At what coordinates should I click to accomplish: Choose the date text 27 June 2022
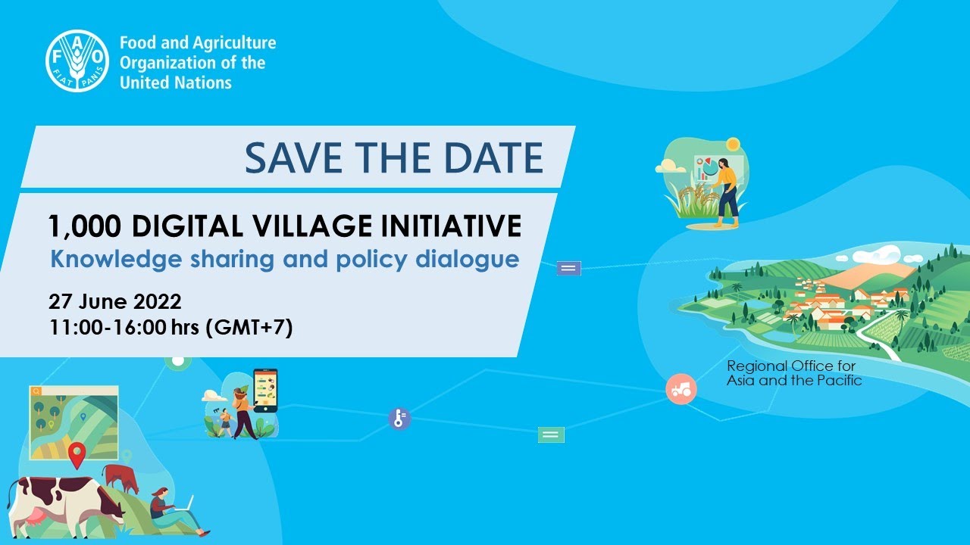pos(115,301)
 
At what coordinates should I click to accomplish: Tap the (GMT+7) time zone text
pos(249,329)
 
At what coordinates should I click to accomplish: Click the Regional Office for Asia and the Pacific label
pos(793,373)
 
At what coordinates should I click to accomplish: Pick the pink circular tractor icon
pos(681,388)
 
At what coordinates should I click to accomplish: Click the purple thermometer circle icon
pos(399,419)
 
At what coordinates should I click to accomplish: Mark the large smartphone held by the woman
pos(265,390)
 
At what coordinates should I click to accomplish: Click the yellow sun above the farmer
pos(732,144)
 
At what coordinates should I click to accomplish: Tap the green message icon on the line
pos(551,434)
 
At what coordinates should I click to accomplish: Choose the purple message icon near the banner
pos(568,268)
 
